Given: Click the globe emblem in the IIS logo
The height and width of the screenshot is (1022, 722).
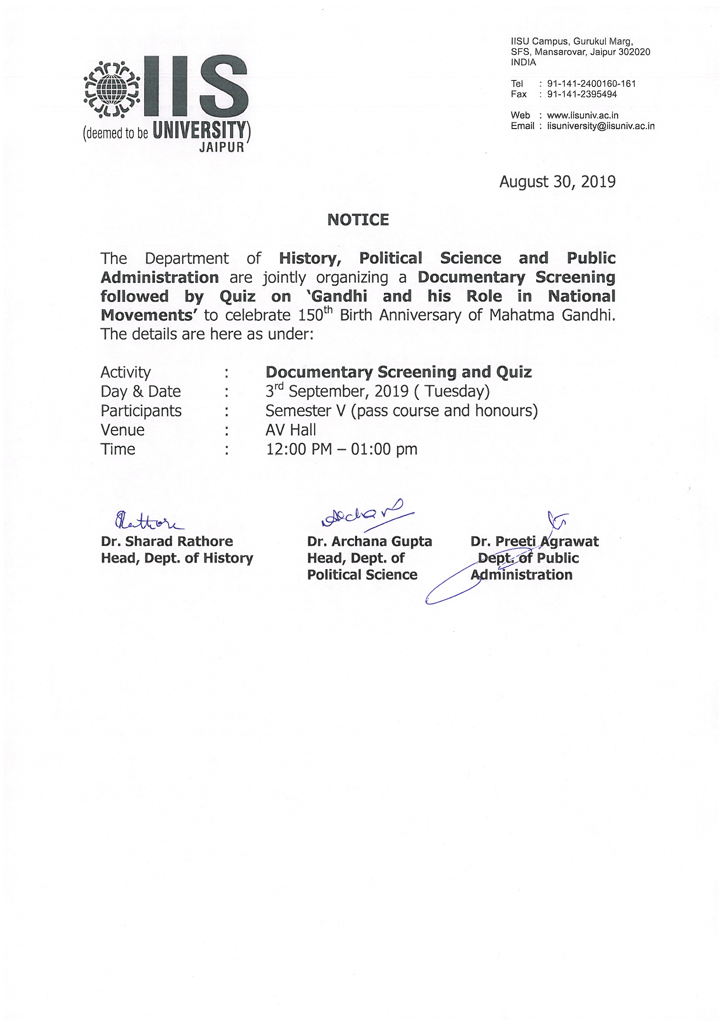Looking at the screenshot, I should point(112,89).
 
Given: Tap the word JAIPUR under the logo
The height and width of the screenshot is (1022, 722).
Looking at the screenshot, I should point(221,147).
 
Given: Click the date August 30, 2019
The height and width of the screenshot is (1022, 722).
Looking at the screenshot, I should point(557,181).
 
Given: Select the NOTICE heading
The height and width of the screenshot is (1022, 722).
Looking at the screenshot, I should point(358,220).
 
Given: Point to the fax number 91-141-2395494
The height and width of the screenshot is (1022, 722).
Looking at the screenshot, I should point(582,94).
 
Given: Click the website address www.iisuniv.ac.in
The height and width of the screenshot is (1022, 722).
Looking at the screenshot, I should point(582,115).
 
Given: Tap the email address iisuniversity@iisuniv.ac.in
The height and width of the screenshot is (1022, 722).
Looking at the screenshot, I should point(601,126).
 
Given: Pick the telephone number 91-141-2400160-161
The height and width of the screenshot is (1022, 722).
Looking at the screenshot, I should point(591,83).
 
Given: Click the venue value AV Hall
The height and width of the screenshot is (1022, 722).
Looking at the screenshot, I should point(290,430).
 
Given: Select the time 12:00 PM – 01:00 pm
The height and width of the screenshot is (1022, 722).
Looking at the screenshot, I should point(341,449).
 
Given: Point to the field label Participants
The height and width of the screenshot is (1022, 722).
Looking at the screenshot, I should point(141,411).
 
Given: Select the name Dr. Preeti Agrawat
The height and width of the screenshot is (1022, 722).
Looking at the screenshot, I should point(534,541).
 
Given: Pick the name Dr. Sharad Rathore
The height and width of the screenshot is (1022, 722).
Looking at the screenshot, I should point(167,541).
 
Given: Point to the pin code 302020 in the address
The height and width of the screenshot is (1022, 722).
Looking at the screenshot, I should point(634,52).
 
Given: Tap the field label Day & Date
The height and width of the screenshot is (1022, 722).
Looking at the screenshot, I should point(141,392).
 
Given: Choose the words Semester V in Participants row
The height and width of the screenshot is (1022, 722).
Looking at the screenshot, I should point(305,411).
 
